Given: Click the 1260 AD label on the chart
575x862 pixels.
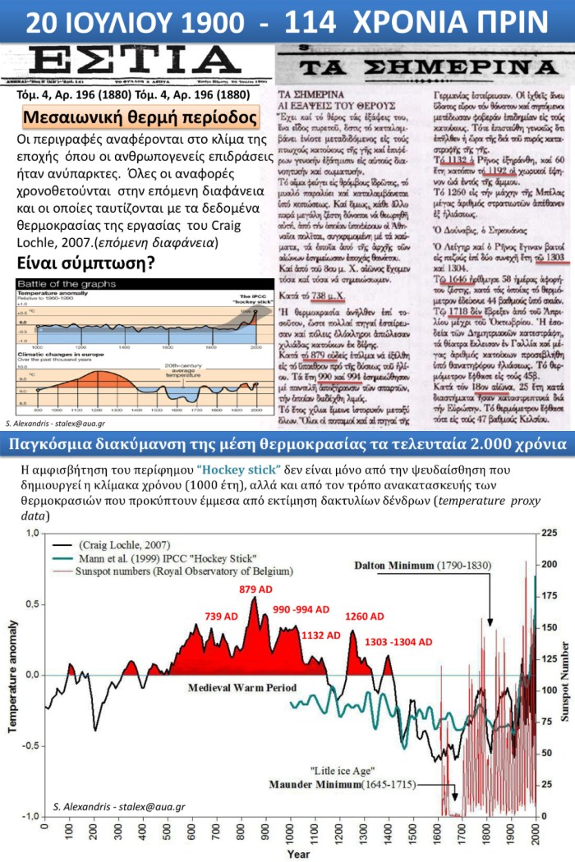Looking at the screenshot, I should (x=364, y=616).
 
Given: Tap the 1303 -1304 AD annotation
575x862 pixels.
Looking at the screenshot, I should (x=394, y=642).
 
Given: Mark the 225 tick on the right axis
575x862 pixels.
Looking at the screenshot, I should (x=550, y=534).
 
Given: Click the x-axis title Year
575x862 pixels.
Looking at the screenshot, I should (x=298, y=855).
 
